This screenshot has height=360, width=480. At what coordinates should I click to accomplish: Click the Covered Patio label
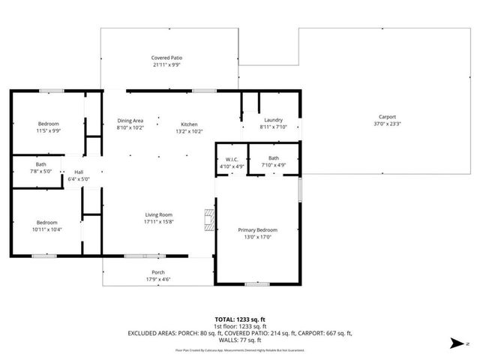[x=166, y=58]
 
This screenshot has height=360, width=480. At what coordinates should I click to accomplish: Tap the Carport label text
[x=387, y=116]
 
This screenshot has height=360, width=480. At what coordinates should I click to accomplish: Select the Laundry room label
[x=272, y=120]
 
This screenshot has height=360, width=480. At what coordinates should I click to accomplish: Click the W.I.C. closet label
[x=232, y=158]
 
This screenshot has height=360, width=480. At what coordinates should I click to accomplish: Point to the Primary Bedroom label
[x=257, y=230]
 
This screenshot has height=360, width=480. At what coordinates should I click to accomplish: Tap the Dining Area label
[x=128, y=120]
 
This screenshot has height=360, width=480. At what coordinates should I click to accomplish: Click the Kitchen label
[x=188, y=124]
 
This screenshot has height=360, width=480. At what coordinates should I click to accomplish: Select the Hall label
[x=78, y=171]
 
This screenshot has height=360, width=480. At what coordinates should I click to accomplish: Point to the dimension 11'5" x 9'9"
[x=49, y=130]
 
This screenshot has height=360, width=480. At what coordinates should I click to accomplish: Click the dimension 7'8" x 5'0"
[x=40, y=172]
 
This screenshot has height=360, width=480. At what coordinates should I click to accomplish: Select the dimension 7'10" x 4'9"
[x=274, y=165]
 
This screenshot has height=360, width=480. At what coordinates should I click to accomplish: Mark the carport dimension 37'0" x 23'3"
[x=387, y=124]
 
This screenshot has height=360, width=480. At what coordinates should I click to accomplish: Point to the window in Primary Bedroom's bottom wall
[x=257, y=284]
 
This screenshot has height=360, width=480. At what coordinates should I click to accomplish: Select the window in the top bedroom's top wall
[x=51, y=91]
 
